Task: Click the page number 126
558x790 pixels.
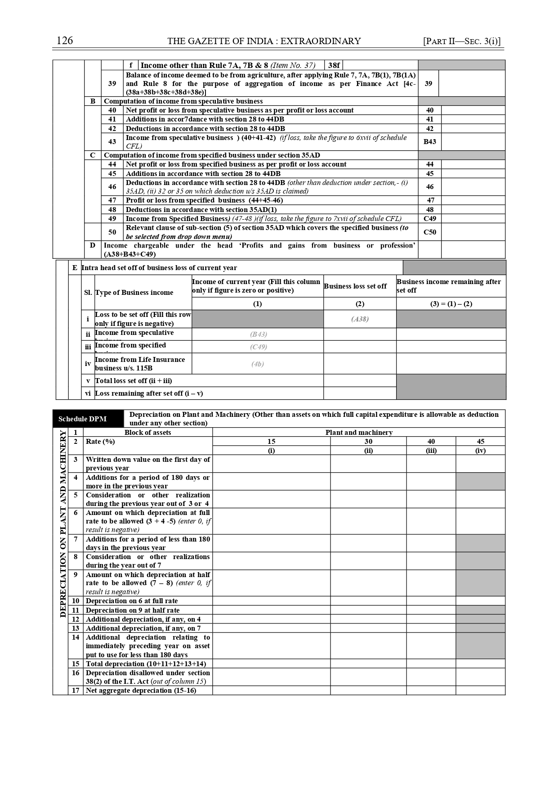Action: pyautogui.click(x=65, y=41)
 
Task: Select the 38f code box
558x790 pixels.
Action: pyautogui.click(x=334, y=65)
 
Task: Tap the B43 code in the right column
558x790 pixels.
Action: pyautogui.click(x=429, y=141)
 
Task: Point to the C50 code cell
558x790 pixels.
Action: pyautogui.click(x=429, y=232)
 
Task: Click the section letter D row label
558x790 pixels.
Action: pyautogui.click(x=93, y=245)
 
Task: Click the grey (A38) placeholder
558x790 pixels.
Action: pyautogui.click(x=360, y=319)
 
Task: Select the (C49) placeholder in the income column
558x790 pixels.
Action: pyautogui.click(x=258, y=347)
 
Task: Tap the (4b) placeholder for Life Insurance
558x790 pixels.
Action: pyautogui.click(x=258, y=364)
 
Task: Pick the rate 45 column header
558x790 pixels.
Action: pyautogui.click(x=480, y=442)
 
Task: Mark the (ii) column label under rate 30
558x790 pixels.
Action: pyautogui.click(x=368, y=451)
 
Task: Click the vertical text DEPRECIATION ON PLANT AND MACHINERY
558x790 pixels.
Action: pyautogui.click(x=63, y=524)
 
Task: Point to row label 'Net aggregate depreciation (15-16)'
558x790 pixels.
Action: pyautogui.click(x=141, y=691)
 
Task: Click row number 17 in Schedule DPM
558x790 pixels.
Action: pyautogui.click(x=76, y=691)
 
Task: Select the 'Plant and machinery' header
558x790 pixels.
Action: pyautogui.click(x=359, y=433)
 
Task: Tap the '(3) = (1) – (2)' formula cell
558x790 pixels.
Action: pyautogui.click(x=451, y=304)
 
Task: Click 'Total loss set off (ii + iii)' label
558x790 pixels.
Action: pyautogui.click(x=134, y=381)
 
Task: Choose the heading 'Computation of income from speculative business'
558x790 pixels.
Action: pyautogui.click(x=183, y=101)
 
